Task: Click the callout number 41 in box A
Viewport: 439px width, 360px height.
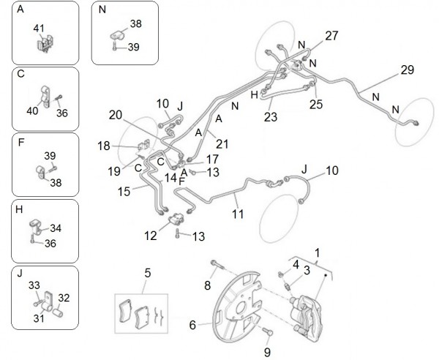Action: click(x=40, y=28)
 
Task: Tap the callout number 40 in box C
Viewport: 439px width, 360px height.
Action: click(x=32, y=110)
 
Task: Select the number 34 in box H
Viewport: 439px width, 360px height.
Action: click(x=56, y=228)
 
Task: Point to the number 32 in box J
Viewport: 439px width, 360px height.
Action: click(x=64, y=299)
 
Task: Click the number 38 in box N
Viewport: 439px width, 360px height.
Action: click(x=136, y=24)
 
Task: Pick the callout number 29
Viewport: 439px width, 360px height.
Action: click(x=408, y=70)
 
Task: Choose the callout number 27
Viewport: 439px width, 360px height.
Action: click(x=332, y=36)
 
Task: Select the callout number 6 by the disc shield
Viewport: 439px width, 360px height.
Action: click(x=192, y=324)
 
